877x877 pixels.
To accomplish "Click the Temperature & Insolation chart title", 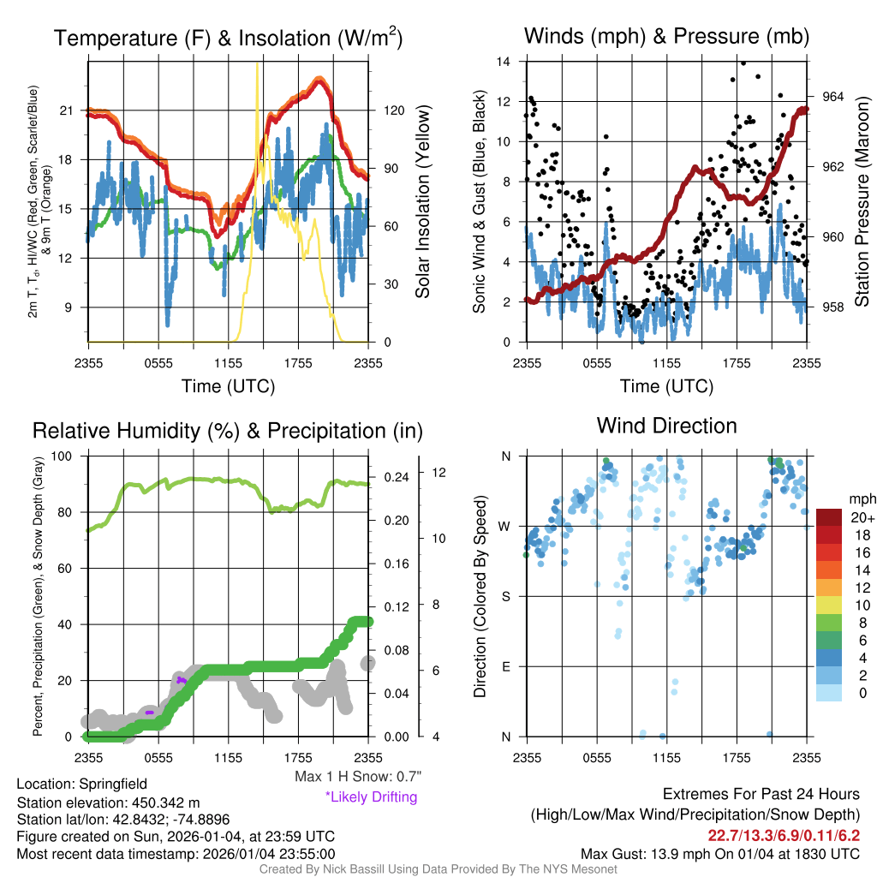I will pyautogui.click(x=229, y=38).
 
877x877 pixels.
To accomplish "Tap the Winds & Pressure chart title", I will pyautogui.click(x=666, y=36).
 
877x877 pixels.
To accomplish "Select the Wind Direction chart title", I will pyautogui.click(x=666, y=426).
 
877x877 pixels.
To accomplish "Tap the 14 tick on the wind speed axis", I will pyautogui.click(x=504, y=62).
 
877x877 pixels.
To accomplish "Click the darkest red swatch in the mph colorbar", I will pyautogui.click(x=830, y=518).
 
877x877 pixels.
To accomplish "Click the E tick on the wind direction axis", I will pyautogui.click(x=506, y=666).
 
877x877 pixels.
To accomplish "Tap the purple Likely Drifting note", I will pyautogui.click(x=371, y=796).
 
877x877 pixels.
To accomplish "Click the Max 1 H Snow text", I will pyautogui.click(x=357, y=777).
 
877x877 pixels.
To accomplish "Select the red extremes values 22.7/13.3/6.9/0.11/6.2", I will pyautogui.click(x=784, y=835).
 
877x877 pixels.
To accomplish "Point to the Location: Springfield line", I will pyautogui.click(x=81, y=784).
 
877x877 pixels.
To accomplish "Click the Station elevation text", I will pyautogui.click(x=108, y=802).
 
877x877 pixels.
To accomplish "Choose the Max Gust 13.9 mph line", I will pyautogui.click(x=720, y=853).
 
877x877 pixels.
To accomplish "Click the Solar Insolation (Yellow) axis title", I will pyautogui.click(x=422, y=201).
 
